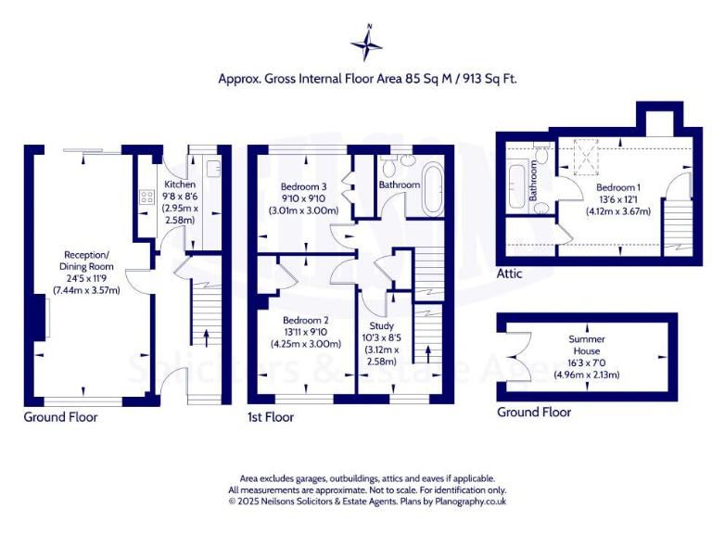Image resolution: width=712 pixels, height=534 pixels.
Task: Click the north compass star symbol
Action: [368, 44]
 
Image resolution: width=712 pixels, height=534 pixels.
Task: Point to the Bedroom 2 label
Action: [305, 321]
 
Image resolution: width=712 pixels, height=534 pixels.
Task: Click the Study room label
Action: [382, 326]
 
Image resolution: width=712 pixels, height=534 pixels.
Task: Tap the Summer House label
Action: [586, 339]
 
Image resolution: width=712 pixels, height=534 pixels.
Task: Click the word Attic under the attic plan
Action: [509, 273]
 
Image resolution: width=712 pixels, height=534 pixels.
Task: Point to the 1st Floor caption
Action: [271, 417]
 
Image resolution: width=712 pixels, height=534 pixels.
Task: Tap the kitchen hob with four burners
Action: [146, 197]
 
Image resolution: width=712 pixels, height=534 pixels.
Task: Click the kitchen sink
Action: [212, 169]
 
